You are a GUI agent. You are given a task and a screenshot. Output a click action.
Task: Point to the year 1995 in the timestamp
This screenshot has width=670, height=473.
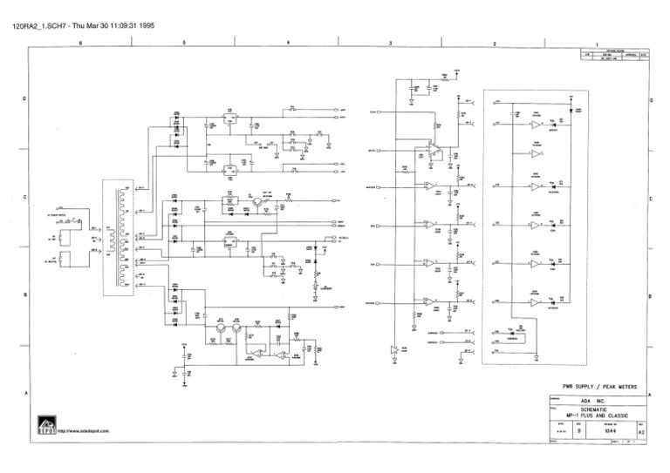[146, 26]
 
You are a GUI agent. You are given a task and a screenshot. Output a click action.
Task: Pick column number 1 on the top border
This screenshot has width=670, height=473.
[597, 44]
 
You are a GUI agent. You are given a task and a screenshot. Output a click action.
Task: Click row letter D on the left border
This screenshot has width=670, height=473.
[24, 98]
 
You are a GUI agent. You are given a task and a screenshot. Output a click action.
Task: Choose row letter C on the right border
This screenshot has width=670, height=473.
[651, 198]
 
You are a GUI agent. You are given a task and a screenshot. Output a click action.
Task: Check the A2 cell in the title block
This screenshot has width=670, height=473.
[642, 430]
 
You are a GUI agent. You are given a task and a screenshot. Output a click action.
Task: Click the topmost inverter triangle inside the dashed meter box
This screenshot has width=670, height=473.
[534, 124]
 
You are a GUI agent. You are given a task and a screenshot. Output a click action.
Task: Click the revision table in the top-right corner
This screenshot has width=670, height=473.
[616, 54]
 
